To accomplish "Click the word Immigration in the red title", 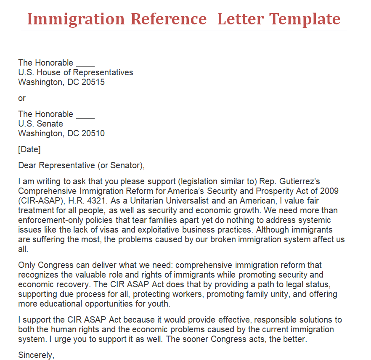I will pos(76,19).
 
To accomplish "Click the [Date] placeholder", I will pos(29,149).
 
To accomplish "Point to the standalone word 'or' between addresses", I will pos(22,98).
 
